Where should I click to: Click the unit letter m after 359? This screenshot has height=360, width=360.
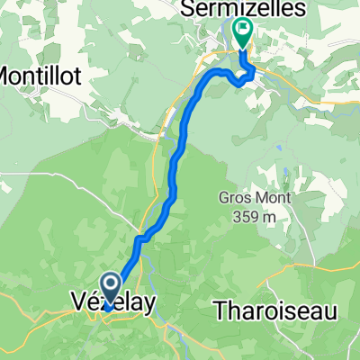pyautogui.click(x=269, y=218)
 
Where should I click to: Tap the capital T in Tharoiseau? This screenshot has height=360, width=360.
pyautogui.click(x=220, y=310)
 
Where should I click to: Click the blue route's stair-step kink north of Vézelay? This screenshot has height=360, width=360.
pyautogui.click(x=139, y=240)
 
